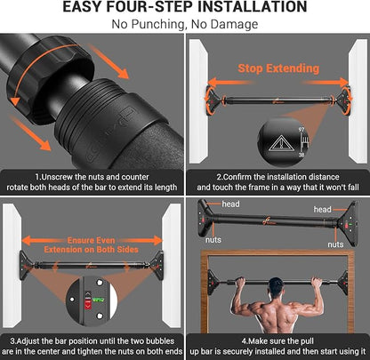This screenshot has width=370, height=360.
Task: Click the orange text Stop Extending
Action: click(x=278, y=68)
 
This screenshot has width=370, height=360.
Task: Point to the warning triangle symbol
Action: click(x=280, y=143)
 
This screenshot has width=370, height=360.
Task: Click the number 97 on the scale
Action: click(x=302, y=130)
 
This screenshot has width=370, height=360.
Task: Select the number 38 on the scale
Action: click(x=302, y=155)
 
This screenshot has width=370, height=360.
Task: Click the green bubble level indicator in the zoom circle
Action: click(x=98, y=300)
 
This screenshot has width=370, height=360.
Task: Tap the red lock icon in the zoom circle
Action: click(x=88, y=304)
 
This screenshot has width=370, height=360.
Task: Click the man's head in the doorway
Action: click(x=276, y=286)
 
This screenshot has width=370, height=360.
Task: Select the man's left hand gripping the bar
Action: click(x=240, y=282)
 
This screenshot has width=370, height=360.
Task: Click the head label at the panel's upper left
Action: click(x=230, y=204)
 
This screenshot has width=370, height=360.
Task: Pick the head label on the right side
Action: click(x=322, y=210)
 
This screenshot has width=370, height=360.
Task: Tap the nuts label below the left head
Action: click(x=213, y=240)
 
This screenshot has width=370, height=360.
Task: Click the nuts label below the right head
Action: click(x=335, y=244)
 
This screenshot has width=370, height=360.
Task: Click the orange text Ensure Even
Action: click(x=91, y=240)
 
